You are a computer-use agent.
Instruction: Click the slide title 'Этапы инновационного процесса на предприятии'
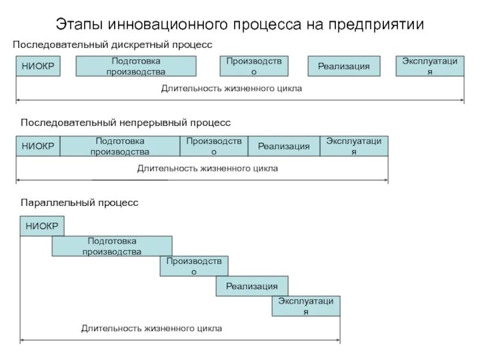tap(240, 25)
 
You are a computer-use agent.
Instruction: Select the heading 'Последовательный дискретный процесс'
tap(113, 45)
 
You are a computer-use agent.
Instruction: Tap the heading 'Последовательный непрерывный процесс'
tap(125, 122)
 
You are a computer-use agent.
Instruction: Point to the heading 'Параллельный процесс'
tap(79, 203)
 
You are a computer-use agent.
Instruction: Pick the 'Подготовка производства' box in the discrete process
tap(136, 66)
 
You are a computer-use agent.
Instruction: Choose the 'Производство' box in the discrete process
tap(254, 66)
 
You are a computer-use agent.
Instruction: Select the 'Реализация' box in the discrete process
tap(344, 66)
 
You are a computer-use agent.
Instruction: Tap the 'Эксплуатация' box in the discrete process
tap(430, 66)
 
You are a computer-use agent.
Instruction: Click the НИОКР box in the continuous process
tap(38, 146)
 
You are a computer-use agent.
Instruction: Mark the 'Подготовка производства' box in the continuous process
tap(120, 146)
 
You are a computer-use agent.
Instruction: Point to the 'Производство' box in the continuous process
tap(214, 146)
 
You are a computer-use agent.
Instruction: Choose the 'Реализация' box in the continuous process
tap(284, 146)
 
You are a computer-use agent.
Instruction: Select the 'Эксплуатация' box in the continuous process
tap(354, 146)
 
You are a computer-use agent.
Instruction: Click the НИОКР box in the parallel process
tap(42, 226)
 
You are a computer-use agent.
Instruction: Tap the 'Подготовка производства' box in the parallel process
tap(112, 246)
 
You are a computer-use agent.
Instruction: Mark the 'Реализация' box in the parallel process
tap(252, 286)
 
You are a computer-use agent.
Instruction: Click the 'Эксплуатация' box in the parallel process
tap(306, 306)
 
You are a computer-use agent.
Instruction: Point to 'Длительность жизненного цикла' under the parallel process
tap(152, 328)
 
